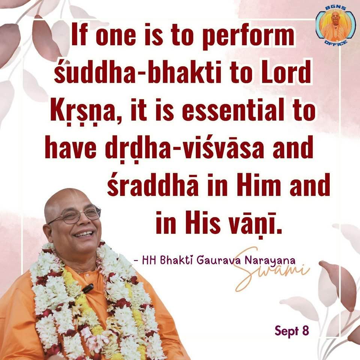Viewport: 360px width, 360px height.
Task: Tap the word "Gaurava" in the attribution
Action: (220, 259)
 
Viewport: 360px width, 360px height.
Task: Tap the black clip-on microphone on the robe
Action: (88, 288)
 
